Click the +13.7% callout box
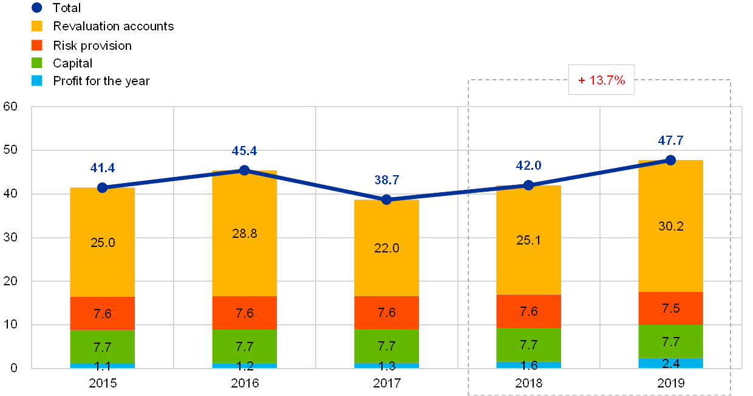tap(601, 80)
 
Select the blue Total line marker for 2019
tap(670, 160)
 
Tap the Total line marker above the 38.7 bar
tap(386, 200)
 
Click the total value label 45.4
tap(245, 151)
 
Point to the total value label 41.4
tap(103, 168)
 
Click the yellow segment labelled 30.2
tap(670, 226)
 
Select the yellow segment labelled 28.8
tap(245, 234)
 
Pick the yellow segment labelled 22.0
tap(386, 248)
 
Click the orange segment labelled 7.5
tap(670, 308)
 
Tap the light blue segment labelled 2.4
tap(670, 363)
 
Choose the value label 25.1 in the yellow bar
tap(528, 240)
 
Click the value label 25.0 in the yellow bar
tap(103, 243)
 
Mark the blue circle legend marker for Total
tap(36, 8)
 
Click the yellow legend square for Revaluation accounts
tap(36, 26)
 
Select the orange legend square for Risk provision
tap(36, 44)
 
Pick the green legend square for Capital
tap(36, 63)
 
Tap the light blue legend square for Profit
tap(36, 80)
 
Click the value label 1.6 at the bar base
tap(528, 365)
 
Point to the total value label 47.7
tap(670, 141)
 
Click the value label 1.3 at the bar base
tap(386, 366)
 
